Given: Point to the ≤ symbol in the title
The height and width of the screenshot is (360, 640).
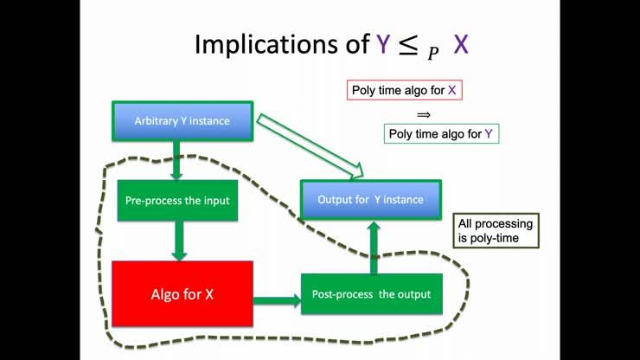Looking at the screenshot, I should coord(408,44).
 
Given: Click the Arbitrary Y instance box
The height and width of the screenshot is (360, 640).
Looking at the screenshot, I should coord(182,121).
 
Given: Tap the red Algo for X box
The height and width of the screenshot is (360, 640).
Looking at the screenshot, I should coord(182,294).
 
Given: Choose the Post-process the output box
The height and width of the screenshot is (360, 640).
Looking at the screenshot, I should coord(371,294).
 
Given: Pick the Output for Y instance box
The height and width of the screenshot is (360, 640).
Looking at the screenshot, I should coord(370,200).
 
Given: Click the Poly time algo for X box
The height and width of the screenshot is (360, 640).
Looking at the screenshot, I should coord(405,90).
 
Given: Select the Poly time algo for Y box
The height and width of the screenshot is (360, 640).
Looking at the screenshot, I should coord(441,134).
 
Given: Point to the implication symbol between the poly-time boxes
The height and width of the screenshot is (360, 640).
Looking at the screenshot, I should coord(424,113).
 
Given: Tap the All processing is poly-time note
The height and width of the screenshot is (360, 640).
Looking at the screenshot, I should coord(496,230).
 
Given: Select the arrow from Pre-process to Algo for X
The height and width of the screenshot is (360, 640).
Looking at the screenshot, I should coord(180,240).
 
